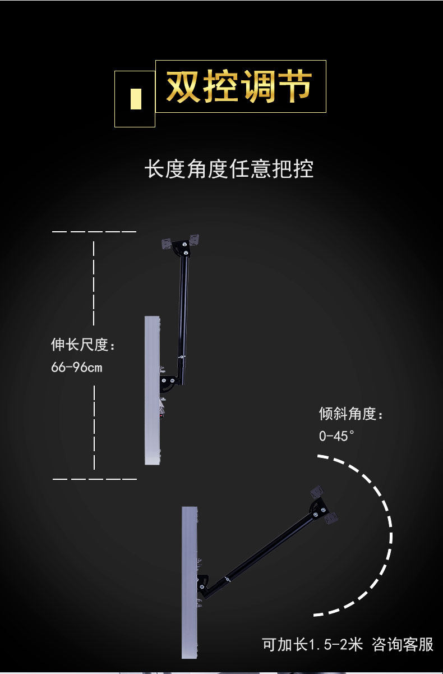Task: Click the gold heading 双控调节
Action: tap(239, 86)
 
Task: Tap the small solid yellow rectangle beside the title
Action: tap(136, 99)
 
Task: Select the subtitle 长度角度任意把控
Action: tap(229, 169)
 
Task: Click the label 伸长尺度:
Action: tap(83, 345)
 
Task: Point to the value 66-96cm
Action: tap(77, 368)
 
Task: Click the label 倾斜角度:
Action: tap(351, 414)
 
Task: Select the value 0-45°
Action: tap(336, 436)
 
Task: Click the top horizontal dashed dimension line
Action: tap(94, 232)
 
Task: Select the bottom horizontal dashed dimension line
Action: tap(94, 479)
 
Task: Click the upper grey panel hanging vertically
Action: tap(152, 390)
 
